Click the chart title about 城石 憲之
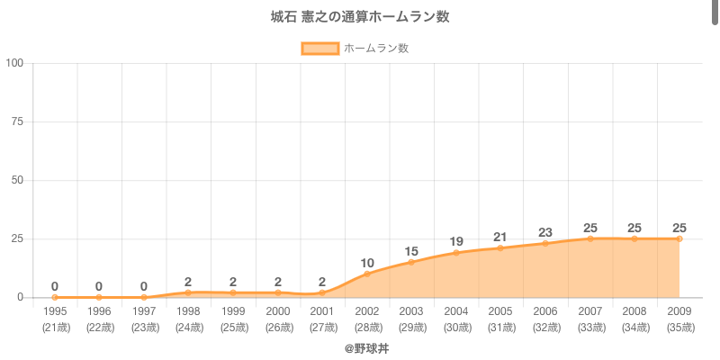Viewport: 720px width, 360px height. (360, 17)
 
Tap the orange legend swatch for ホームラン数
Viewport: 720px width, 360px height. (319, 49)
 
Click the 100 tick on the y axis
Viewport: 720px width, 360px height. (14, 63)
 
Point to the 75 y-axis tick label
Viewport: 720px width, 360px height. (17, 121)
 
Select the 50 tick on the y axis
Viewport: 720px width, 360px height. (17, 180)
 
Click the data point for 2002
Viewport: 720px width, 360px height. (367, 274)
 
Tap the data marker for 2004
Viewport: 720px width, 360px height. (456, 253)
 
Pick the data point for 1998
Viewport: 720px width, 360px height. (188, 292)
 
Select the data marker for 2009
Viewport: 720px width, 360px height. (679, 238)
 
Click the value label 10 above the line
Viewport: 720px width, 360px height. (367, 263)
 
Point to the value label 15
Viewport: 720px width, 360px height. (411, 251)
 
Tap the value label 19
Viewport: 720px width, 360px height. (456, 241)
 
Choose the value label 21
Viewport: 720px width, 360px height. (500, 237)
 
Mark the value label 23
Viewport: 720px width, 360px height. (545, 232)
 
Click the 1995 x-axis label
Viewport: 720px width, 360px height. (55, 311)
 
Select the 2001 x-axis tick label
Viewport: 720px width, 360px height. (322, 311)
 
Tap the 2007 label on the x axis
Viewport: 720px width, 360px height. (589, 311)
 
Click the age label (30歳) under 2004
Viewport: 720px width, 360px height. (456, 327)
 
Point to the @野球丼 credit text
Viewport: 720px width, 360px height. (360, 347)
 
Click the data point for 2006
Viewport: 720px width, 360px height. (545, 243)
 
